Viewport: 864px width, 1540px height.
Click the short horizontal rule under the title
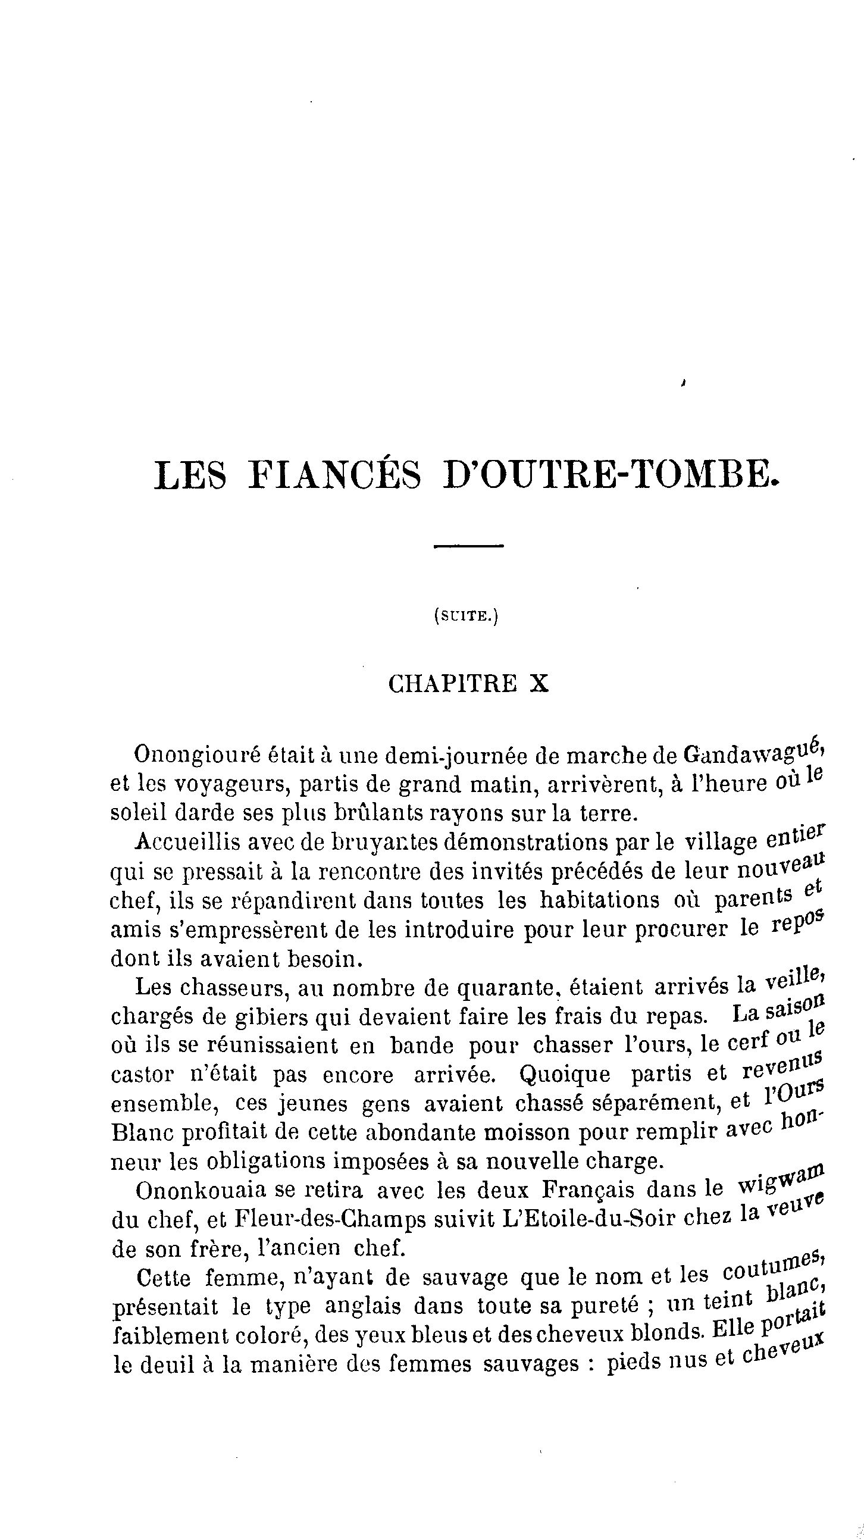tap(469, 546)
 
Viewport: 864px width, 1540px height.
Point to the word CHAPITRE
tap(453, 684)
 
